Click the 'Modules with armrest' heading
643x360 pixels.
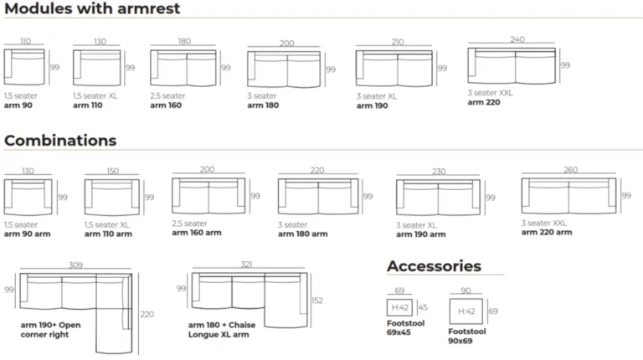click(x=92, y=8)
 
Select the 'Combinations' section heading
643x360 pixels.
click(x=60, y=141)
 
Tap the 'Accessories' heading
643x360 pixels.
click(x=434, y=266)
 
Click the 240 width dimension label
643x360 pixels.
click(x=517, y=39)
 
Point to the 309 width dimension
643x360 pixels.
click(x=75, y=265)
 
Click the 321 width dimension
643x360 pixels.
click(x=246, y=265)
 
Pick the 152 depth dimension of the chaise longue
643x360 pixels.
click(x=317, y=301)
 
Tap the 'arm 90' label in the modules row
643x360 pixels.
click(x=18, y=105)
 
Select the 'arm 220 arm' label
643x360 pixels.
click(x=547, y=233)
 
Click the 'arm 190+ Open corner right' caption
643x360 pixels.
click(x=50, y=330)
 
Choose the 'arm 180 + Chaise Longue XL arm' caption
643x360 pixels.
click(x=222, y=330)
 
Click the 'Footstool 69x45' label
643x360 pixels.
click(x=405, y=327)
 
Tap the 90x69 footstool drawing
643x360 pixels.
click(x=466, y=311)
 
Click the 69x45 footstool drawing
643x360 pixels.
click(x=399, y=307)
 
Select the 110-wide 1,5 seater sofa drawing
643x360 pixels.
click(x=24, y=67)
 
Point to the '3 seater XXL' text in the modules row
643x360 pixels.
click(x=490, y=93)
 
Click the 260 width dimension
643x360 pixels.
click(x=570, y=170)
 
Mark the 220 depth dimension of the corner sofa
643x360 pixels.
click(x=147, y=315)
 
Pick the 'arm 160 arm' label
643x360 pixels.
click(x=197, y=233)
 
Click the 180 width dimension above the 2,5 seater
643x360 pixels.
click(x=184, y=41)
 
